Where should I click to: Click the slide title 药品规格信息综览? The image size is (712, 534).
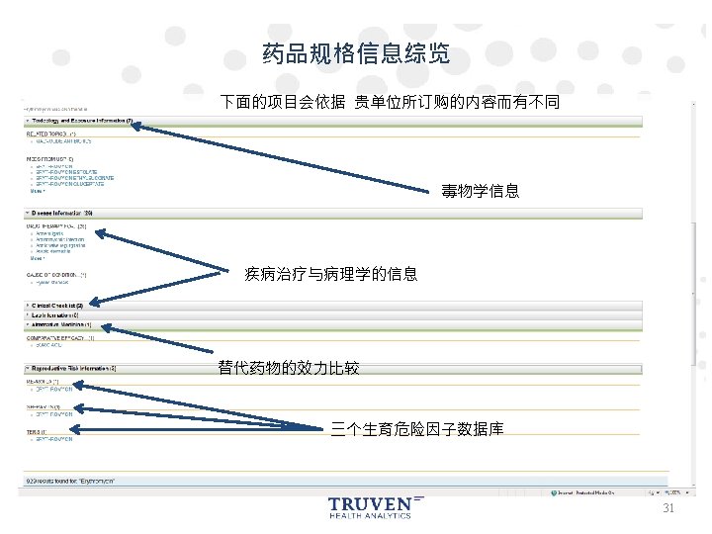(x=356, y=53)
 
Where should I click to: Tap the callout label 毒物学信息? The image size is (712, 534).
(x=480, y=191)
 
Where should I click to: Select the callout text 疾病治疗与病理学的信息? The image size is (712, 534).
(x=330, y=274)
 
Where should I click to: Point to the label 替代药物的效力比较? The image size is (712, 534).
(x=288, y=369)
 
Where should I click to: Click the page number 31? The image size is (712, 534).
(x=667, y=508)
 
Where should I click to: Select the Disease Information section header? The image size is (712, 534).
(x=62, y=213)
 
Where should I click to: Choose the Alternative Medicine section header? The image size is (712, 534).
(x=61, y=323)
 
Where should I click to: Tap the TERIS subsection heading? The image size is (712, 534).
(x=36, y=431)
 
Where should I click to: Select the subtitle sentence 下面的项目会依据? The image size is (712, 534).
(x=390, y=102)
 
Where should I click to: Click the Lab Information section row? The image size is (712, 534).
(x=60, y=314)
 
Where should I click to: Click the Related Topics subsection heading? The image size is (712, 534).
(x=50, y=132)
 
